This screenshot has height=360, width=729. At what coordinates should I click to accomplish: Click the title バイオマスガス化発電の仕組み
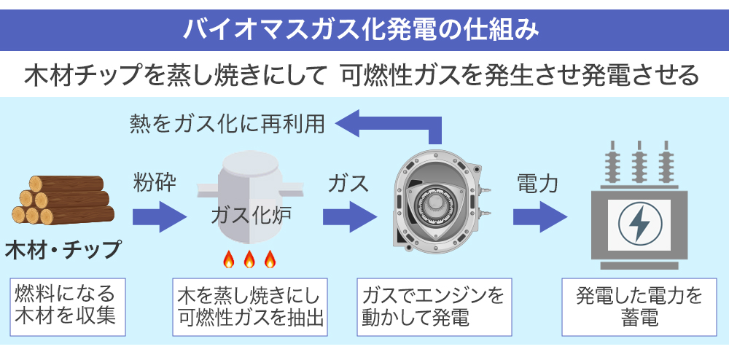364,28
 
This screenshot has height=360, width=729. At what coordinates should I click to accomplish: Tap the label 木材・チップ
63,249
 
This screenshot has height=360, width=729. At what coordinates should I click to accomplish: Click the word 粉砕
153,182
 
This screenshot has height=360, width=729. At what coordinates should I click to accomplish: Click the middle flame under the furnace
249,259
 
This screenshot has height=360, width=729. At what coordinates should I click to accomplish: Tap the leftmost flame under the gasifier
228,259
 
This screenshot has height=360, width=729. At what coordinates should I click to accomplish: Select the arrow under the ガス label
349,216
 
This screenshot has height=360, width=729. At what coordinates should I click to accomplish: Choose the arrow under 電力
539,216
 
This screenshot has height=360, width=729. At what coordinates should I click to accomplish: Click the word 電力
537,183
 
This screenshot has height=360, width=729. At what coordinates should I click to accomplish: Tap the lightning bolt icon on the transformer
640,223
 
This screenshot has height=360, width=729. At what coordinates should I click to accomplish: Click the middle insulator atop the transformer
639,164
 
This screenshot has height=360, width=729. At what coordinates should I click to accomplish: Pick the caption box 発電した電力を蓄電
639,306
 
